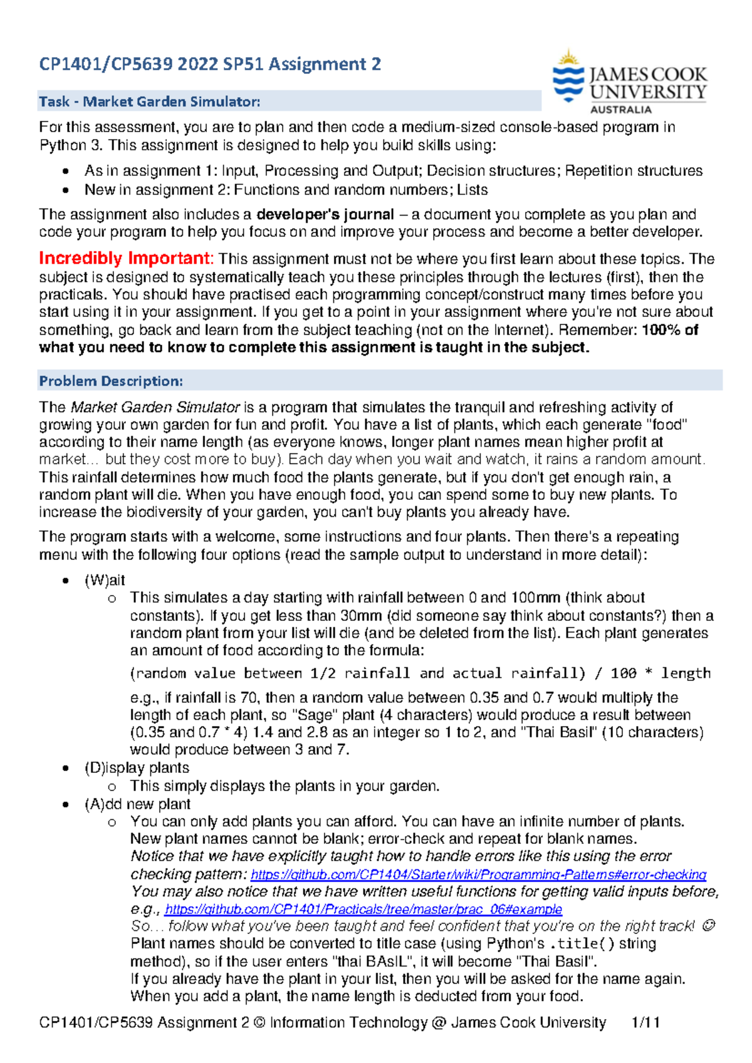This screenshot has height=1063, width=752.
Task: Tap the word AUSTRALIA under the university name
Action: (620, 110)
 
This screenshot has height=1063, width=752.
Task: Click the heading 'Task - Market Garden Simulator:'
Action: (149, 101)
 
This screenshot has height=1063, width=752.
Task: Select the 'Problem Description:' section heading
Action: (111, 381)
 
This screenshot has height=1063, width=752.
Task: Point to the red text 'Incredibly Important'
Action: (125, 259)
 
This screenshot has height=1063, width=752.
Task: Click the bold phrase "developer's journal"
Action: (325, 214)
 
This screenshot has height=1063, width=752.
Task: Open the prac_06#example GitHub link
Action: (363, 909)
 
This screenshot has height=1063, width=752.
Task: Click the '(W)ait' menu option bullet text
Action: (105, 580)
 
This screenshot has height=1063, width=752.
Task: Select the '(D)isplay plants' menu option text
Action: (137, 768)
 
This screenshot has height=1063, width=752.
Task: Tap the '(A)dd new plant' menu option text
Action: (137, 804)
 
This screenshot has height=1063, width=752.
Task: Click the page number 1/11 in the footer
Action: (645, 1022)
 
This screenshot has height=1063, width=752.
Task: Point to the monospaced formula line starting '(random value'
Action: (420, 673)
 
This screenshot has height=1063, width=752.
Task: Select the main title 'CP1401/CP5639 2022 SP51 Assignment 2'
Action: (210, 64)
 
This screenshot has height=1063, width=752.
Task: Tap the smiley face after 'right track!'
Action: (709, 926)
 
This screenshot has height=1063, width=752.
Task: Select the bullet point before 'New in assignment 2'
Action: (65, 190)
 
